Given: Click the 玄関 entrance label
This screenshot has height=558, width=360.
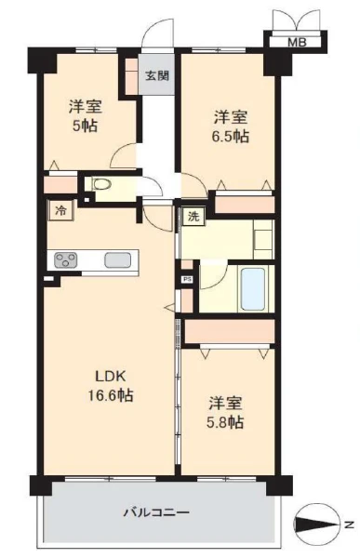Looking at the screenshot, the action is pyautogui.click(x=156, y=75).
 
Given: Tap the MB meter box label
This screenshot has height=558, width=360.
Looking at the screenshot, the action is pyautogui.click(x=297, y=43).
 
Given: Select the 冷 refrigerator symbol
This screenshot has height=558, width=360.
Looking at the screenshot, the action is pyautogui.click(x=60, y=210).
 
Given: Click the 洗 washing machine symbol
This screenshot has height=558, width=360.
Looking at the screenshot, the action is pyautogui.click(x=193, y=216).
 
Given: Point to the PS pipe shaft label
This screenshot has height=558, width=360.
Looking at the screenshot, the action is pyautogui.click(x=187, y=279).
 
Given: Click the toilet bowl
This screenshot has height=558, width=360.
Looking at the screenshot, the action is pyautogui.click(x=101, y=184).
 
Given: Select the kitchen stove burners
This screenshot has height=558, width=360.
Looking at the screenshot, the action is pyautogui.click(x=65, y=259).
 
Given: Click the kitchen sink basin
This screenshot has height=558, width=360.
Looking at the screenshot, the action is pyautogui.click(x=117, y=259).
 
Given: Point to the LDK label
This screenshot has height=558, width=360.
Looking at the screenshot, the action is pyautogui.click(x=111, y=376).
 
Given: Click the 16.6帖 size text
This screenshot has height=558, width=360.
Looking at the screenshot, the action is pyautogui.click(x=111, y=395).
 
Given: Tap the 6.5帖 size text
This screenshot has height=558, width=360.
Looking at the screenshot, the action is pyautogui.click(x=231, y=137).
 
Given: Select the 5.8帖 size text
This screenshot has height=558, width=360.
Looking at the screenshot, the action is pyautogui.click(x=225, y=422).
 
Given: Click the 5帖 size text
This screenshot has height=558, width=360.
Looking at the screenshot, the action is pyautogui.click(x=86, y=126).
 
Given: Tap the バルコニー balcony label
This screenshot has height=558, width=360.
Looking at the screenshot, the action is pyautogui.click(x=156, y=512).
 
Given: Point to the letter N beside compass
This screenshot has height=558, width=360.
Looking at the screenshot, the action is pyautogui.click(x=350, y=525).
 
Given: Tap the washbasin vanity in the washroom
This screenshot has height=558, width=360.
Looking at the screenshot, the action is pyautogui.click(x=263, y=239).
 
